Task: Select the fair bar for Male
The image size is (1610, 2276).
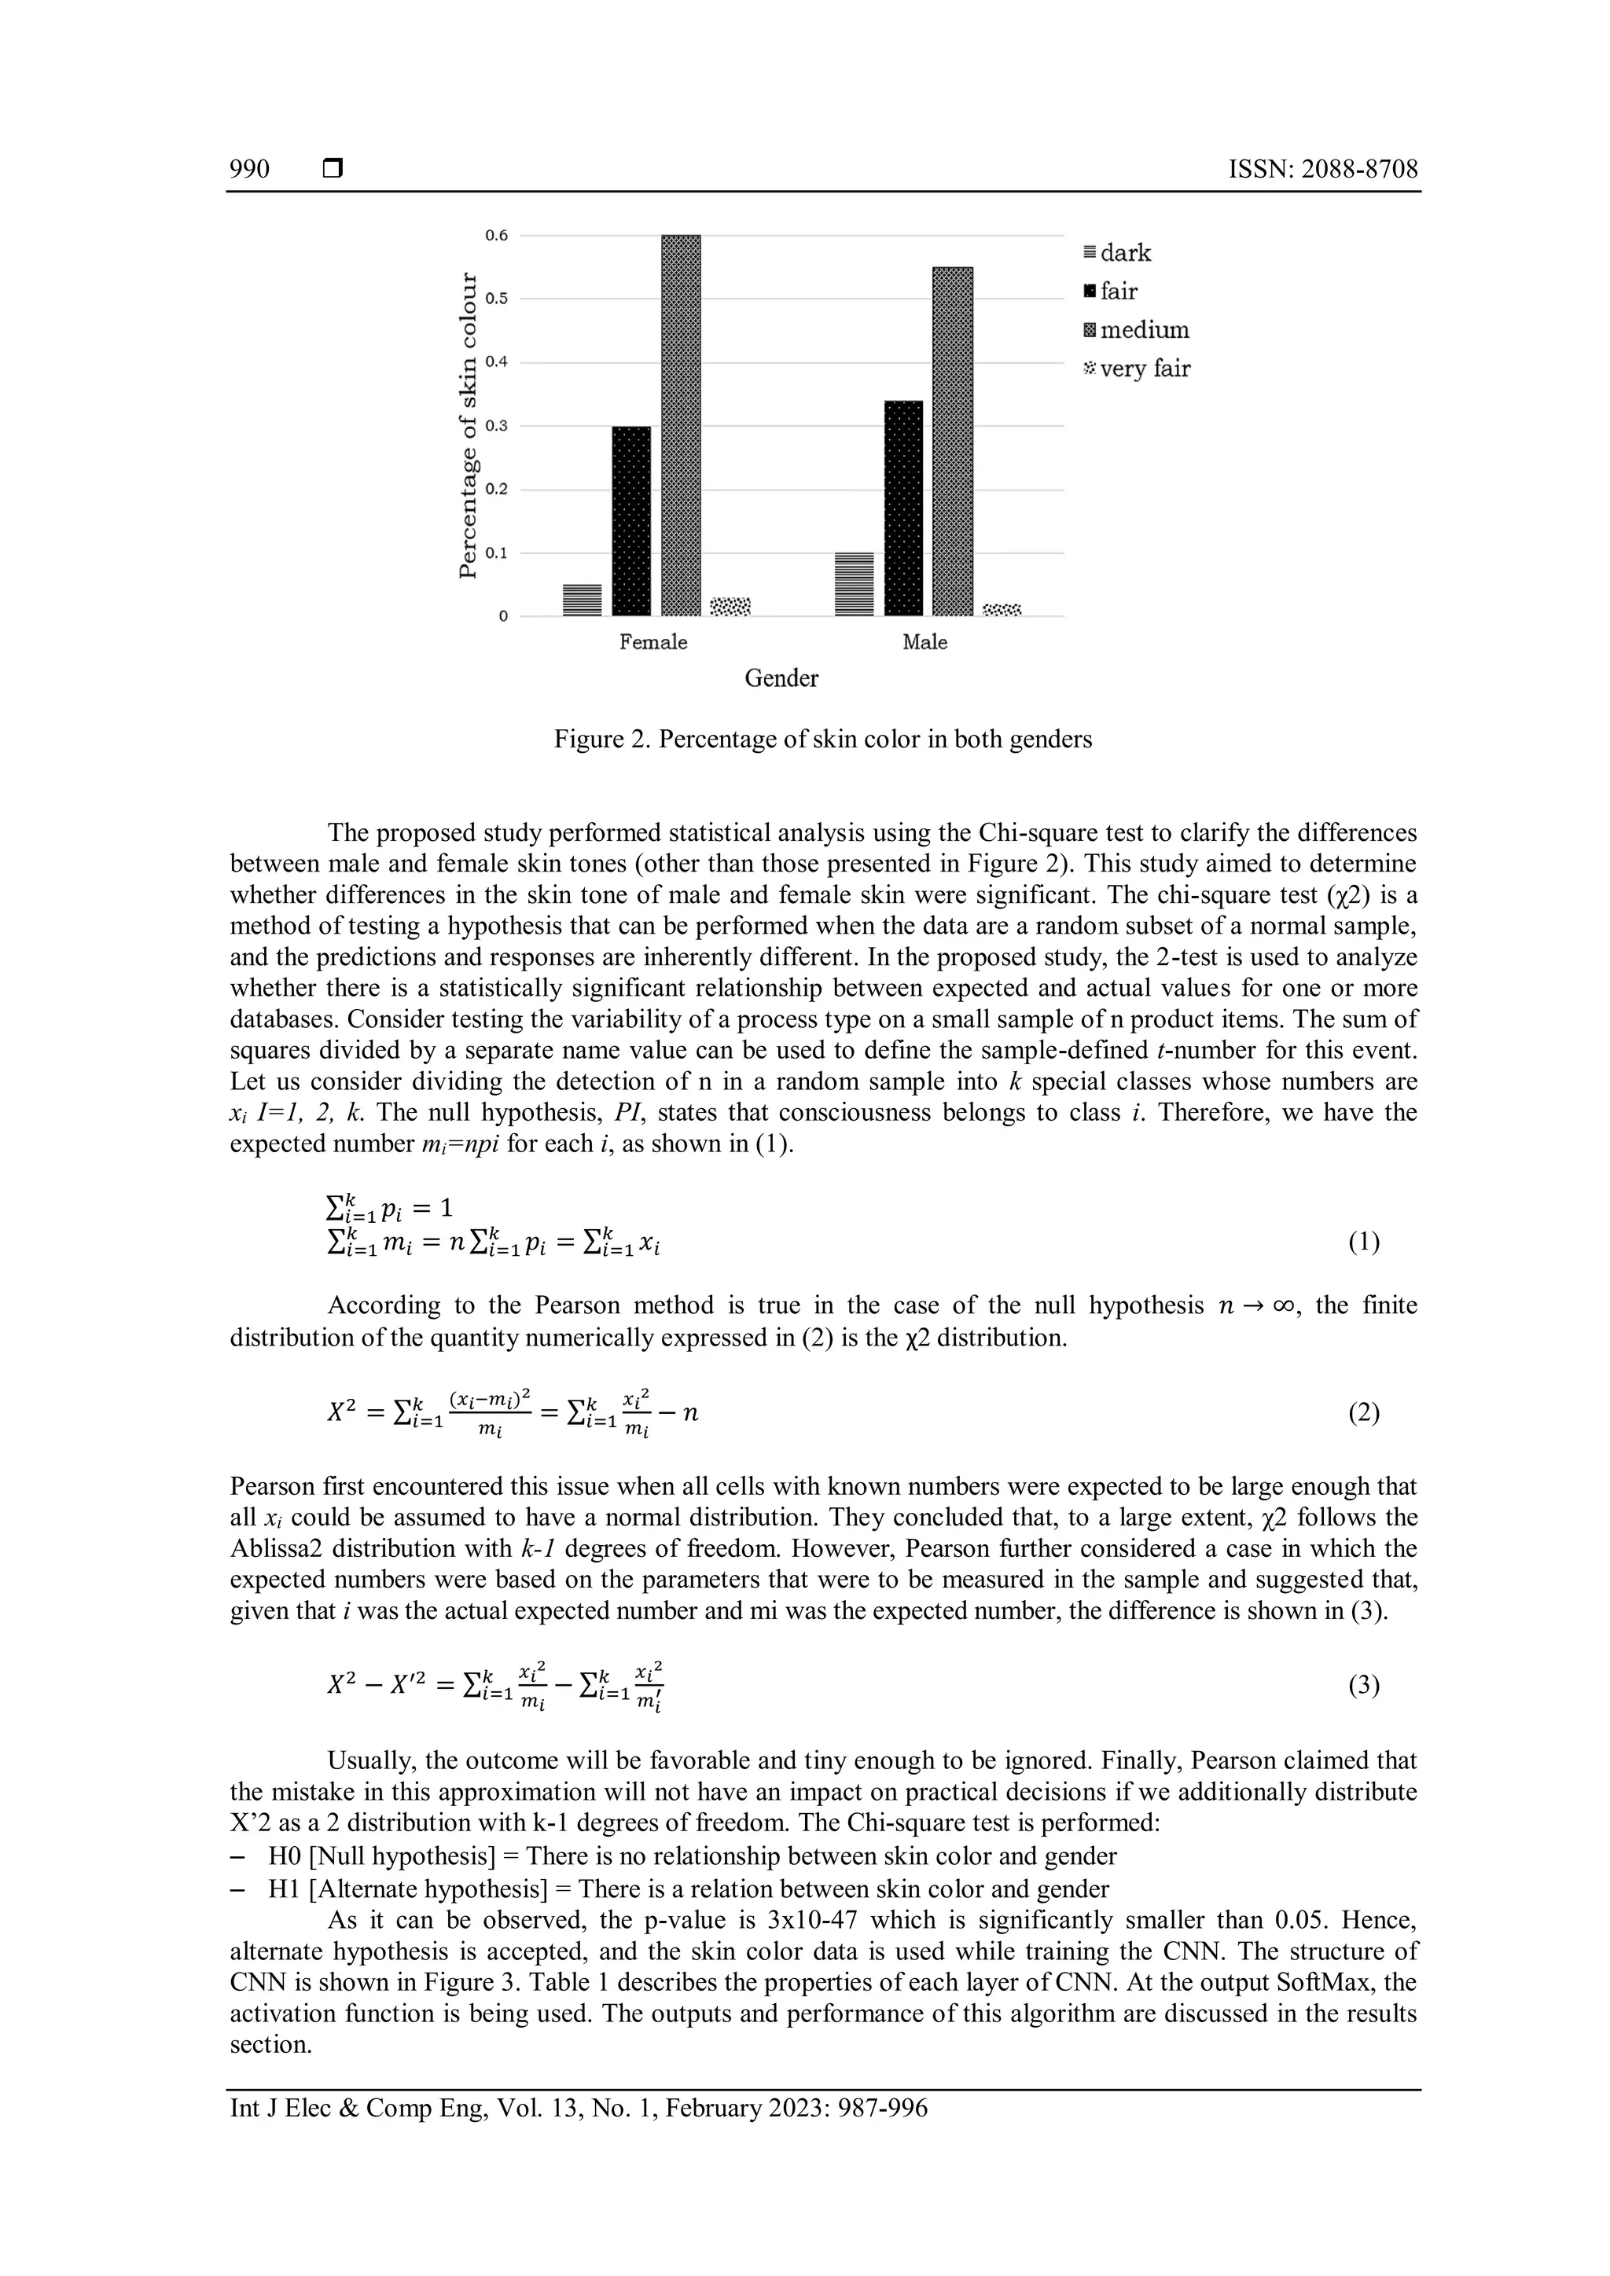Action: [x=903, y=508]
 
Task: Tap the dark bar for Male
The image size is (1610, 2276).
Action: [x=854, y=584]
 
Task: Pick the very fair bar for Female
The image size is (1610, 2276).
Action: [x=730, y=606]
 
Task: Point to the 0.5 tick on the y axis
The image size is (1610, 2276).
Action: [x=496, y=299]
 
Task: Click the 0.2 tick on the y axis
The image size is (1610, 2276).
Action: [x=496, y=490]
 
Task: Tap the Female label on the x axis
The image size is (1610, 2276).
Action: [x=652, y=642]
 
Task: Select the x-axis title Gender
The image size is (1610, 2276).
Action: [x=781, y=679]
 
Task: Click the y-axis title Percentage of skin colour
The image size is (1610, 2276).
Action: [x=467, y=426]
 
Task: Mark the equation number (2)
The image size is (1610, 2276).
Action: [x=1363, y=1412]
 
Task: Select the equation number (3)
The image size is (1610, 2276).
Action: [x=1363, y=1685]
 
